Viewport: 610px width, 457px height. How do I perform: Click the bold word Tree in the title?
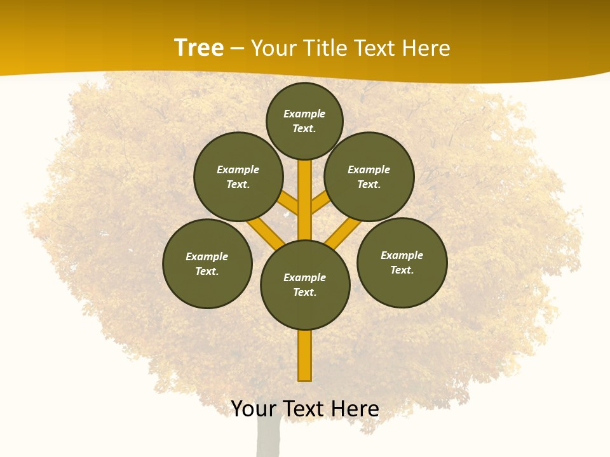click(199, 48)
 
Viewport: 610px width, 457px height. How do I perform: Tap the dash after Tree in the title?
click(237, 49)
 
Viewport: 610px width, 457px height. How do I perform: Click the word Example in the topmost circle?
click(304, 114)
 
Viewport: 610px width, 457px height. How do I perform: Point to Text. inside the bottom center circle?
click(304, 293)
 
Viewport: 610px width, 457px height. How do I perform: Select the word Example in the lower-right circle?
click(402, 256)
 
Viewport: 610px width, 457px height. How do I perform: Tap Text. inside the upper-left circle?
click(238, 185)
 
